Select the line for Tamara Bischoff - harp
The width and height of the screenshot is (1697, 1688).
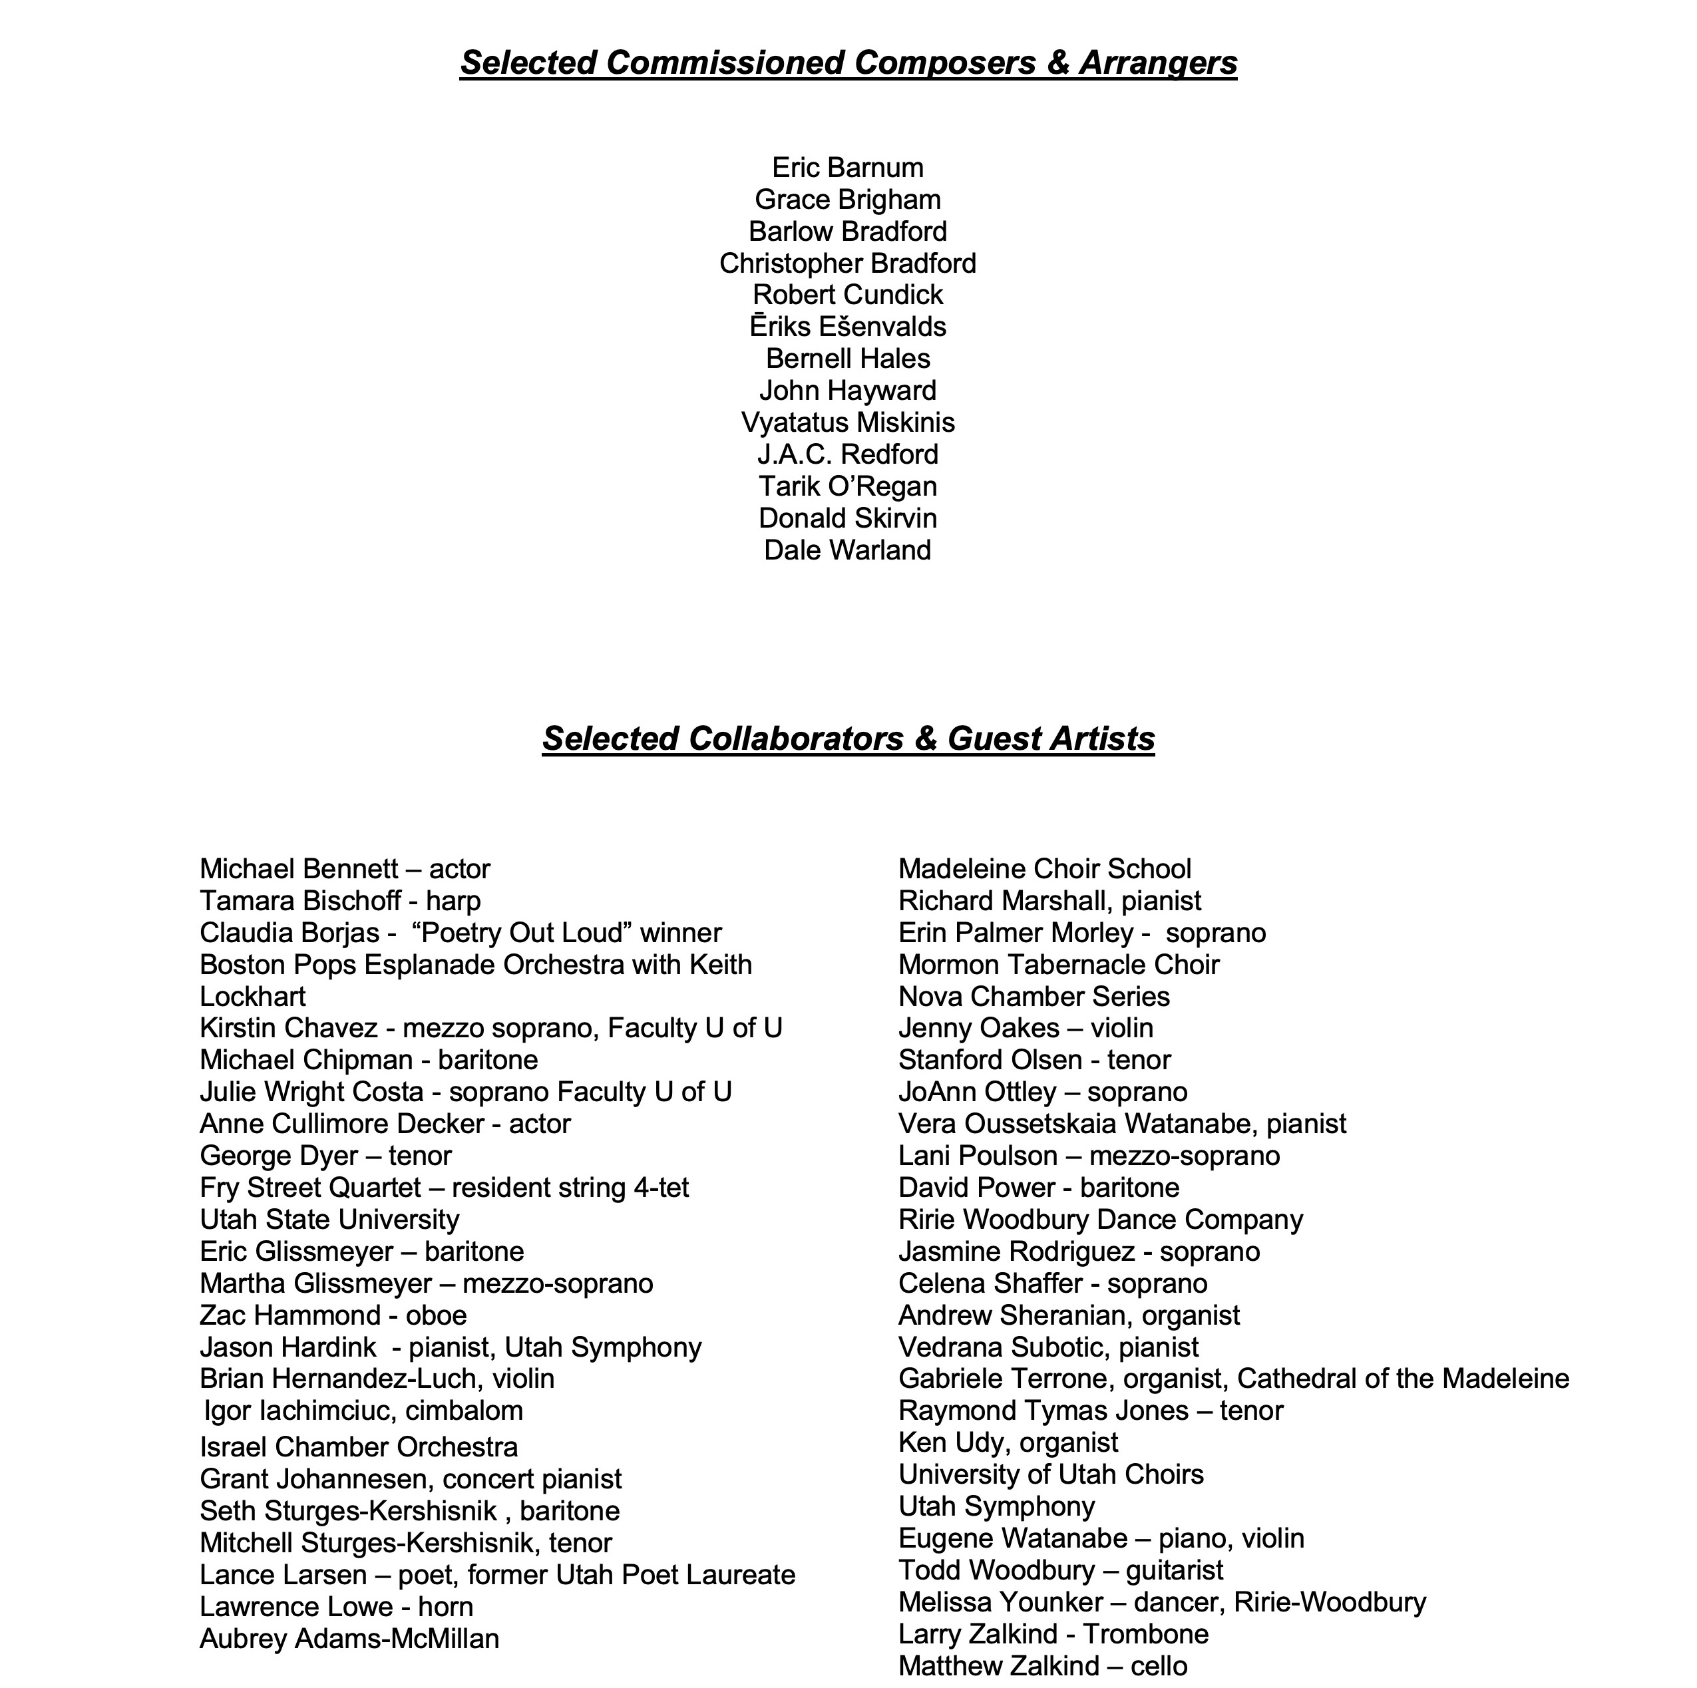tap(340, 901)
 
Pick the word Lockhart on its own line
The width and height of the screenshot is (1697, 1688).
tap(253, 997)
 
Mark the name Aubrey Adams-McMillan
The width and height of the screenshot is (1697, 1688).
tap(349, 1639)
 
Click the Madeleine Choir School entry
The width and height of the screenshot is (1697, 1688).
tap(1044, 870)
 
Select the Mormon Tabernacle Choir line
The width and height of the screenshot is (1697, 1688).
tap(1058, 965)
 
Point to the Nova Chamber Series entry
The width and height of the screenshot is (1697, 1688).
tap(1034, 997)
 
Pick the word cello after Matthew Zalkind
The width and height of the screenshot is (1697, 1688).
tap(1159, 1666)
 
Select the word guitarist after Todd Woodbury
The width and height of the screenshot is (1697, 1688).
tap(1175, 1570)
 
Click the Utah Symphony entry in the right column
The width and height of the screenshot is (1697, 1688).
tap(996, 1507)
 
